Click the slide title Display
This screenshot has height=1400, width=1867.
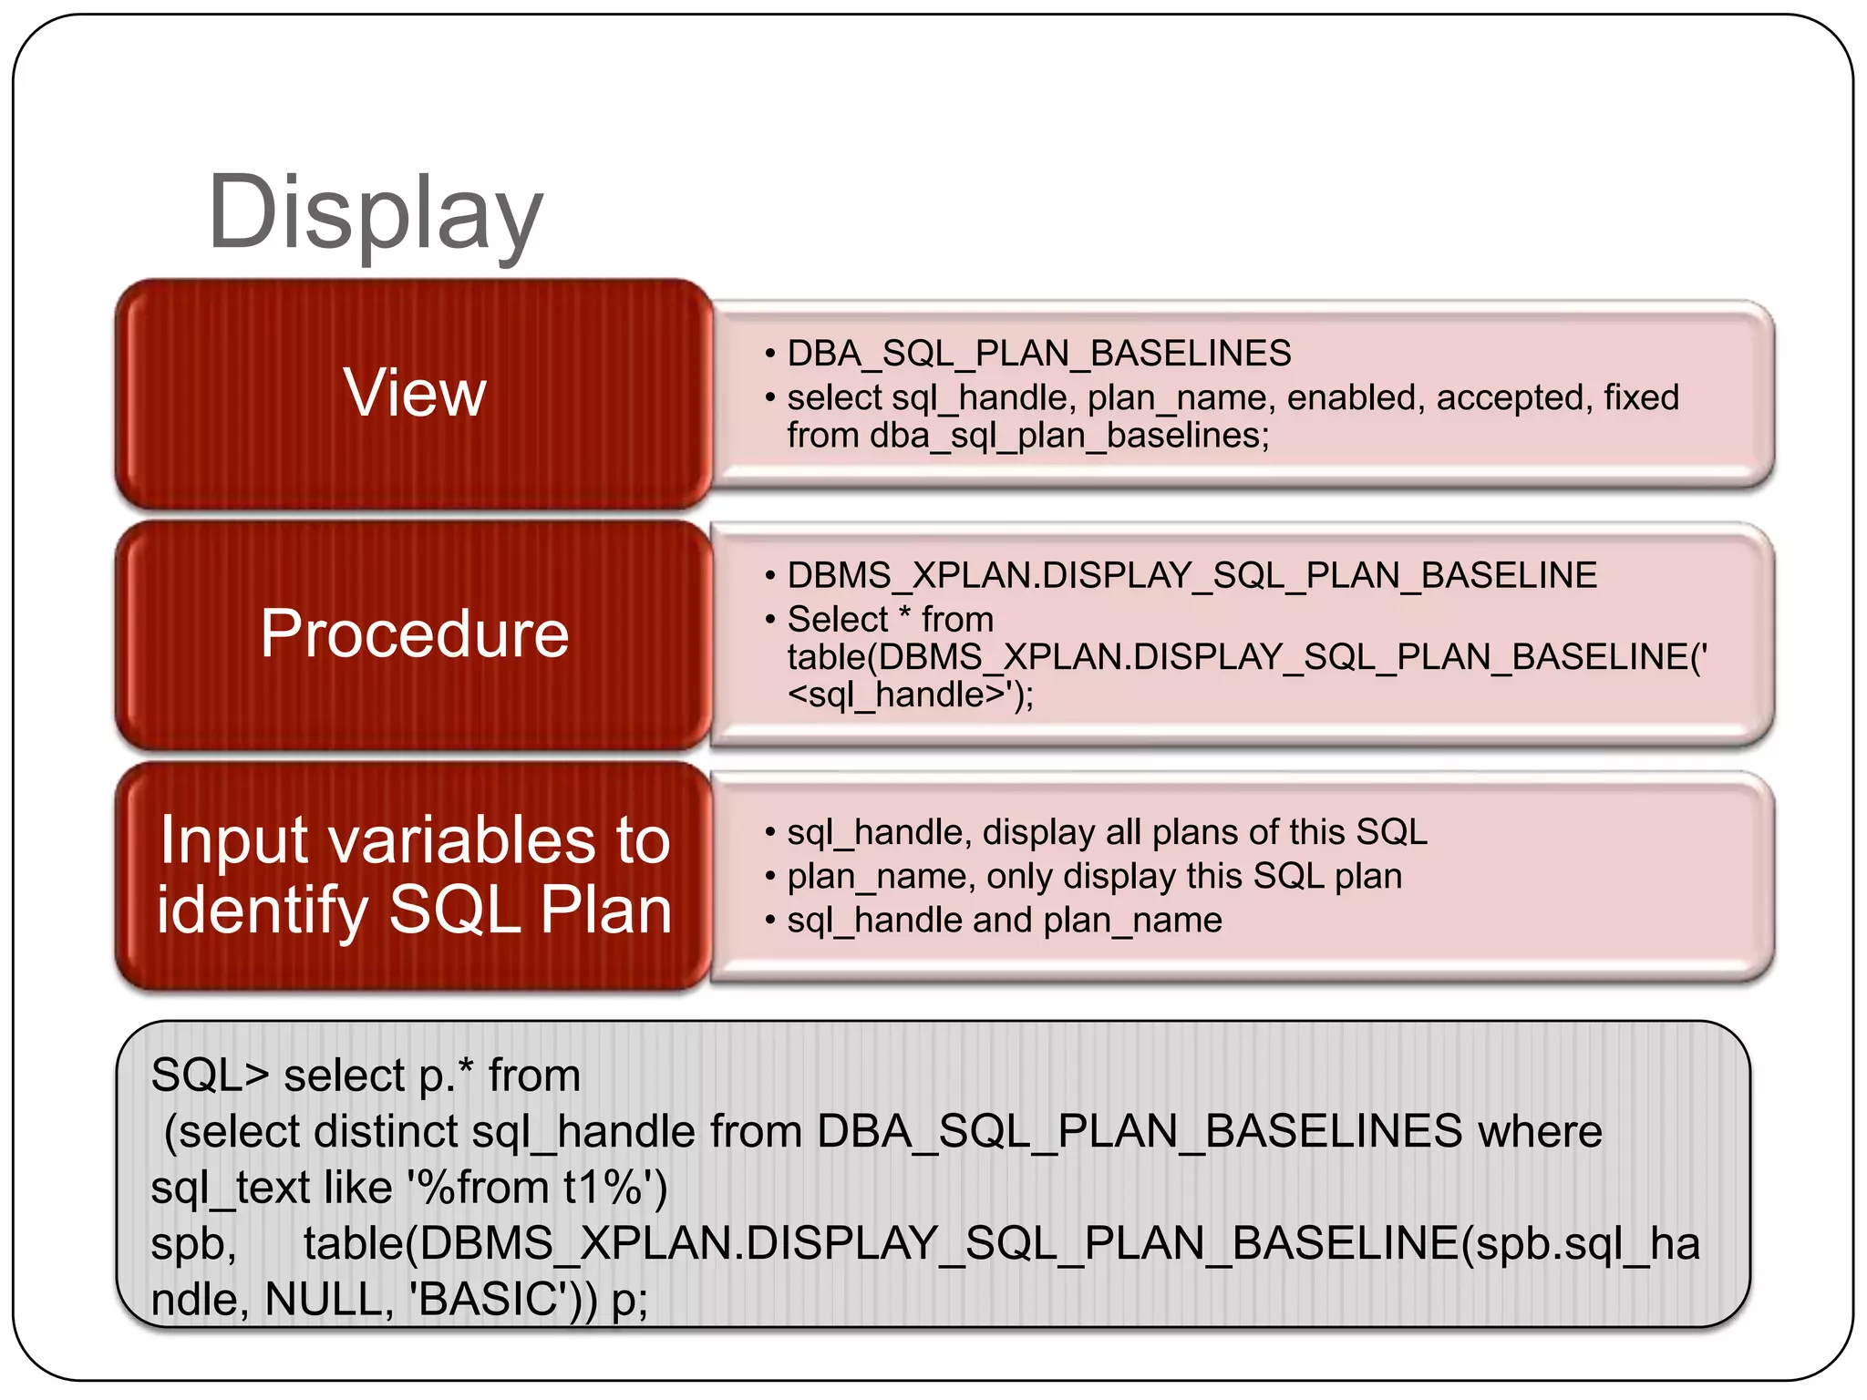(x=375, y=214)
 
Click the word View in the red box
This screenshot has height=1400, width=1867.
(x=415, y=393)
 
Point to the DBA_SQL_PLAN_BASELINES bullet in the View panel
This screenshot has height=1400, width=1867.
(x=1038, y=354)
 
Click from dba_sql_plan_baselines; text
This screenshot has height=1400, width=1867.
(x=1027, y=436)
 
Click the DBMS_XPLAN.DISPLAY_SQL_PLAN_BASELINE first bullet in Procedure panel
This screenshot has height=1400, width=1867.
(x=1191, y=575)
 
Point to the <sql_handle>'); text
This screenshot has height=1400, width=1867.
(x=910, y=695)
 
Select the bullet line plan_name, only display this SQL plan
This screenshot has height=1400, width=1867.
(x=1094, y=876)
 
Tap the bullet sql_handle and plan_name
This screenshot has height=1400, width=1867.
(x=1004, y=920)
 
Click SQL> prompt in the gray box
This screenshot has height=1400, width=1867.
(x=210, y=1075)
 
